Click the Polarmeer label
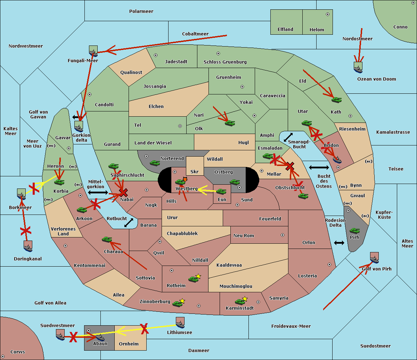[141, 11]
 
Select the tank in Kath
[336, 100]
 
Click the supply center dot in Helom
[327, 14]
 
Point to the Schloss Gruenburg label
[225, 62]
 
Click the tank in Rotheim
[194, 279]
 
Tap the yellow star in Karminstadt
[245, 299]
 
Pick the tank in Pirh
[354, 231]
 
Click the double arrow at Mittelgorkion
[98, 192]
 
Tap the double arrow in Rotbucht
[129, 223]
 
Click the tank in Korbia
[59, 182]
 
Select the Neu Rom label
[244, 235]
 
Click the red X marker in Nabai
[123, 192]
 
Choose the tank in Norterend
[155, 163]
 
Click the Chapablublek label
[182, 234]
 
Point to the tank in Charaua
[107, 240]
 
